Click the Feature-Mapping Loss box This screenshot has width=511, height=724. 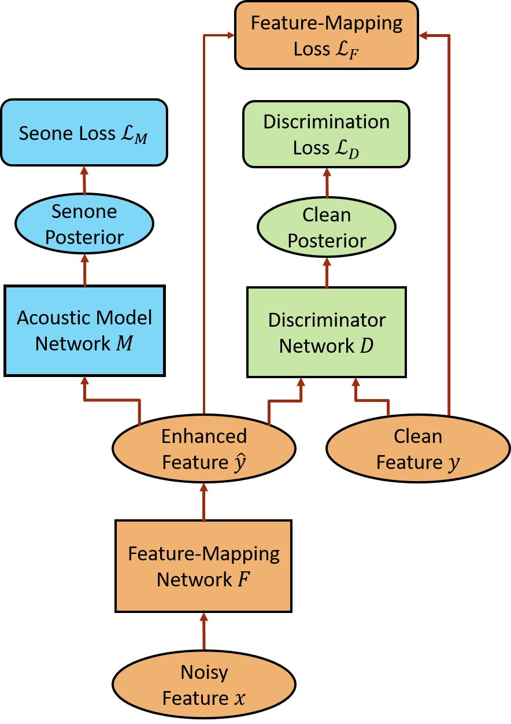click(x=327, y=35)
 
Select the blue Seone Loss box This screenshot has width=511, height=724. click(x=84, y=132)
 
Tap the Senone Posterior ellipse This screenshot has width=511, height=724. click(x=84, y=224)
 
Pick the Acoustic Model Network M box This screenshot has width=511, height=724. click(x=84, y=331)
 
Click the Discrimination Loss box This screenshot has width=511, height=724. click(x=326, y=134)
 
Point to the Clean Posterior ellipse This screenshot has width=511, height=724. click(x=327, y=227)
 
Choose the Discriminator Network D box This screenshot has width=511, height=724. click(x=327, y=333)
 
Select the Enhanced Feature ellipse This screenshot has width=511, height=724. click(x=204, y=449)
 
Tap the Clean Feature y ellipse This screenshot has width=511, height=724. click(x=419, y=449)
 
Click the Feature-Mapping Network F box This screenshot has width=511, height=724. click(x=203, y=566)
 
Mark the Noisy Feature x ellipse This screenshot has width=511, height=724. click(x=204, y=685)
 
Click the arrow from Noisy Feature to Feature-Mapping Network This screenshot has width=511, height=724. click(x=204, y=631)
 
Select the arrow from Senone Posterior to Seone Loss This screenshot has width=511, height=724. click(x=84, y=180)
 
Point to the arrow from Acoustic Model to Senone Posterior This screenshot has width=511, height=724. click(x=84, y=270)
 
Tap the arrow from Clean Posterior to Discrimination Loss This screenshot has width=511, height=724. click(x=327, y=183)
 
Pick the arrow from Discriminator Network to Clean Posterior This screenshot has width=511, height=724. click(x=327, y=272)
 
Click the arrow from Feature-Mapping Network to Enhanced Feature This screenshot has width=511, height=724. click(x=203, y=501)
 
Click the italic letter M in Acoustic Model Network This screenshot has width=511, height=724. click(x=124, y=343)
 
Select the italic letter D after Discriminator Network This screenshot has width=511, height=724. click(x=366, y=345)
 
